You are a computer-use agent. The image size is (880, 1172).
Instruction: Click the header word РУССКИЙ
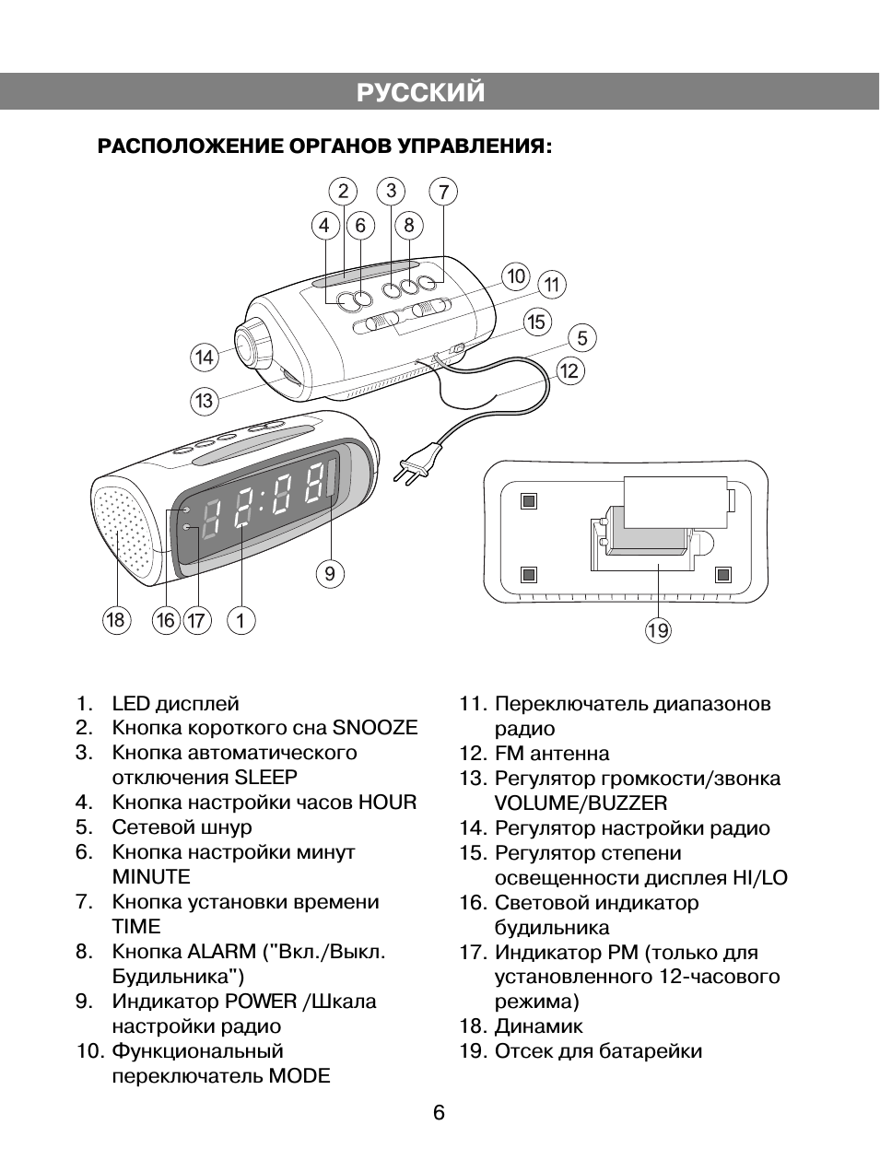coord(420,93)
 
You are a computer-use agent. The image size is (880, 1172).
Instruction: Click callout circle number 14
coord(204,357)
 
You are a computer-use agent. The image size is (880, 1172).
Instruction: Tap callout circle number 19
coord(658,630)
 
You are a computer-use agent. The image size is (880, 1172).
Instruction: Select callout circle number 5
coord(582,338)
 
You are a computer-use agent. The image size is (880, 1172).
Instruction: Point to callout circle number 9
coord(330,574)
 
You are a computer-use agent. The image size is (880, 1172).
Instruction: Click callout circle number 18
coord(115,620)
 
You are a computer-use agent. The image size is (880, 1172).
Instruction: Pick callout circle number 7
coord(443,192)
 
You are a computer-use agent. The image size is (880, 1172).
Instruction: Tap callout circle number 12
coord(569,371)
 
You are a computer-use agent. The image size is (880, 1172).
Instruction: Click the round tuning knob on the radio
coord(251,344)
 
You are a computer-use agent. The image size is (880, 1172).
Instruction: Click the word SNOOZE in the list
coord(375,728)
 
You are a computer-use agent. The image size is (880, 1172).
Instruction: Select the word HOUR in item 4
coord(387,803)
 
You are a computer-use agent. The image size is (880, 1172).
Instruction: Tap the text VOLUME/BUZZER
coord(581,803)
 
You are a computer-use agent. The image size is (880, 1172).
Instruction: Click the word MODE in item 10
coord(299,1076)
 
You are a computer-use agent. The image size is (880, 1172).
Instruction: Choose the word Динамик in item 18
coord(538,1026)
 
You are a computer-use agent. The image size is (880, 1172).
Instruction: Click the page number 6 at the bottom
coord(440,1113)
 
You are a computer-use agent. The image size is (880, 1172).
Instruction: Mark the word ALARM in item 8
coord(221,952)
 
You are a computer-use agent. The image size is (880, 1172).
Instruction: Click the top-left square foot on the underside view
coord(528,501)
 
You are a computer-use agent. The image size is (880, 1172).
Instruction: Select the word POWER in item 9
coord(261,1002)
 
